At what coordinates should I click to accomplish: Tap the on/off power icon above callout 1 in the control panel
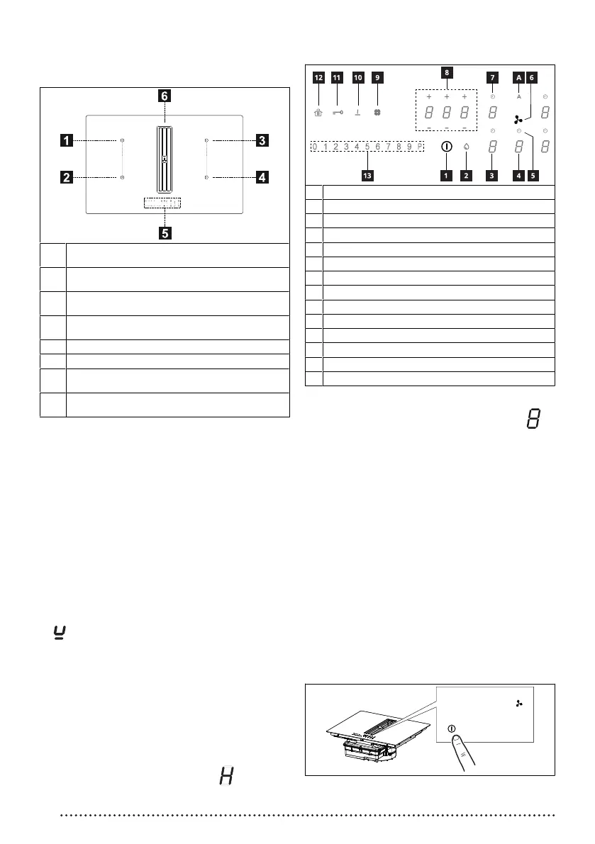click(446, 147)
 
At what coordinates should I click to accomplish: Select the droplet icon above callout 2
click(467, 147)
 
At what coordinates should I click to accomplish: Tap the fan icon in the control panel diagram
click(518, 120)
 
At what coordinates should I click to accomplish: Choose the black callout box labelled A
click(518, 77)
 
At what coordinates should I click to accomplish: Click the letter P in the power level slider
click(420, 147)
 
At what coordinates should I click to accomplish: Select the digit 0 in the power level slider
click(315, 147)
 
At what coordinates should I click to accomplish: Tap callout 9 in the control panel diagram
click(378, 77)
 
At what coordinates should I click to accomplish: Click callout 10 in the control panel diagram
click(357, 77)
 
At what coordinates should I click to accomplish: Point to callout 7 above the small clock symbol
click(493, 77)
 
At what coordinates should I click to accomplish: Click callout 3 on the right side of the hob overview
click(262, 141)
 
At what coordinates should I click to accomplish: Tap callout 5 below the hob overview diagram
click(164, 232)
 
